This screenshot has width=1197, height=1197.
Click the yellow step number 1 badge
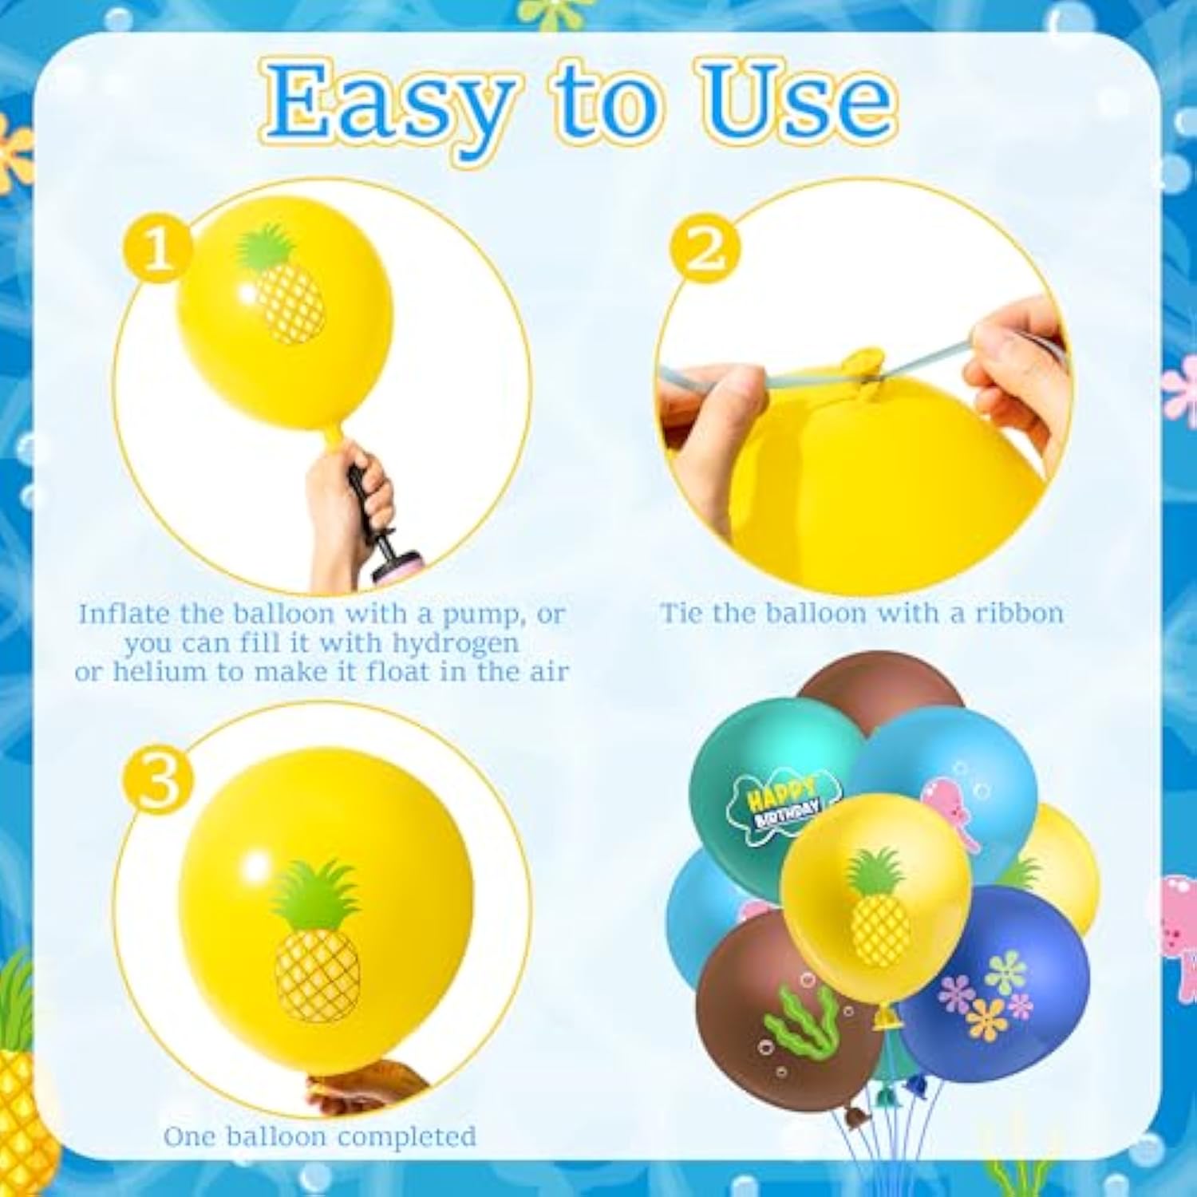pyautogui.click(x=157, y=249)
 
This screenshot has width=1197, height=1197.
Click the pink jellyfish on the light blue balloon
pyautogui.click(x=950, y=806)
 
